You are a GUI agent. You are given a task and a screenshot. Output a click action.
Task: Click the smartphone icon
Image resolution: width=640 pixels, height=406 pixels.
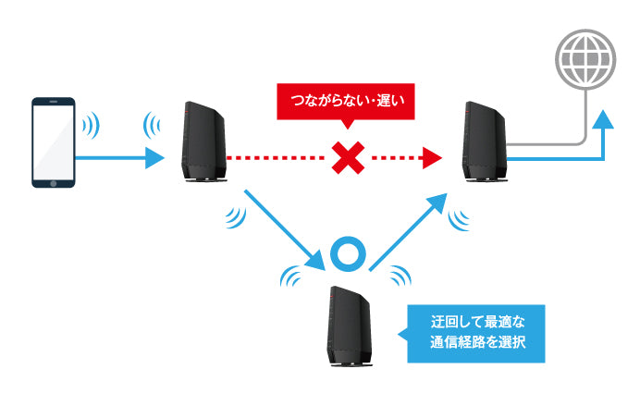click(54, 141)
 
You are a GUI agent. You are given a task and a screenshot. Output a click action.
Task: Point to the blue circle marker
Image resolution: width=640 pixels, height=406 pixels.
click(351, 256)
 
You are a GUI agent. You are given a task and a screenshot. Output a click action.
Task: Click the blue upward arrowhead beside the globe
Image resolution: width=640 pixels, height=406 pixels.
click(602, 118)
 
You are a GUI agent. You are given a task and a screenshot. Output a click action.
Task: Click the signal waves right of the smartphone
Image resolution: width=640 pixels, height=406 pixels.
click(91, 126)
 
